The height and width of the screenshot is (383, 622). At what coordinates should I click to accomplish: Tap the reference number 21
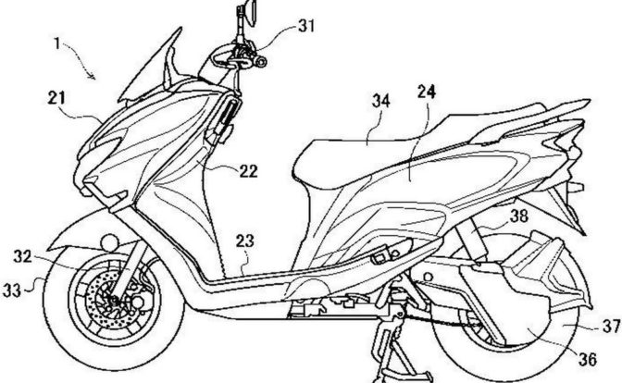58,95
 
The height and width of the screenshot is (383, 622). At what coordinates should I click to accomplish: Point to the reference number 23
244,241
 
